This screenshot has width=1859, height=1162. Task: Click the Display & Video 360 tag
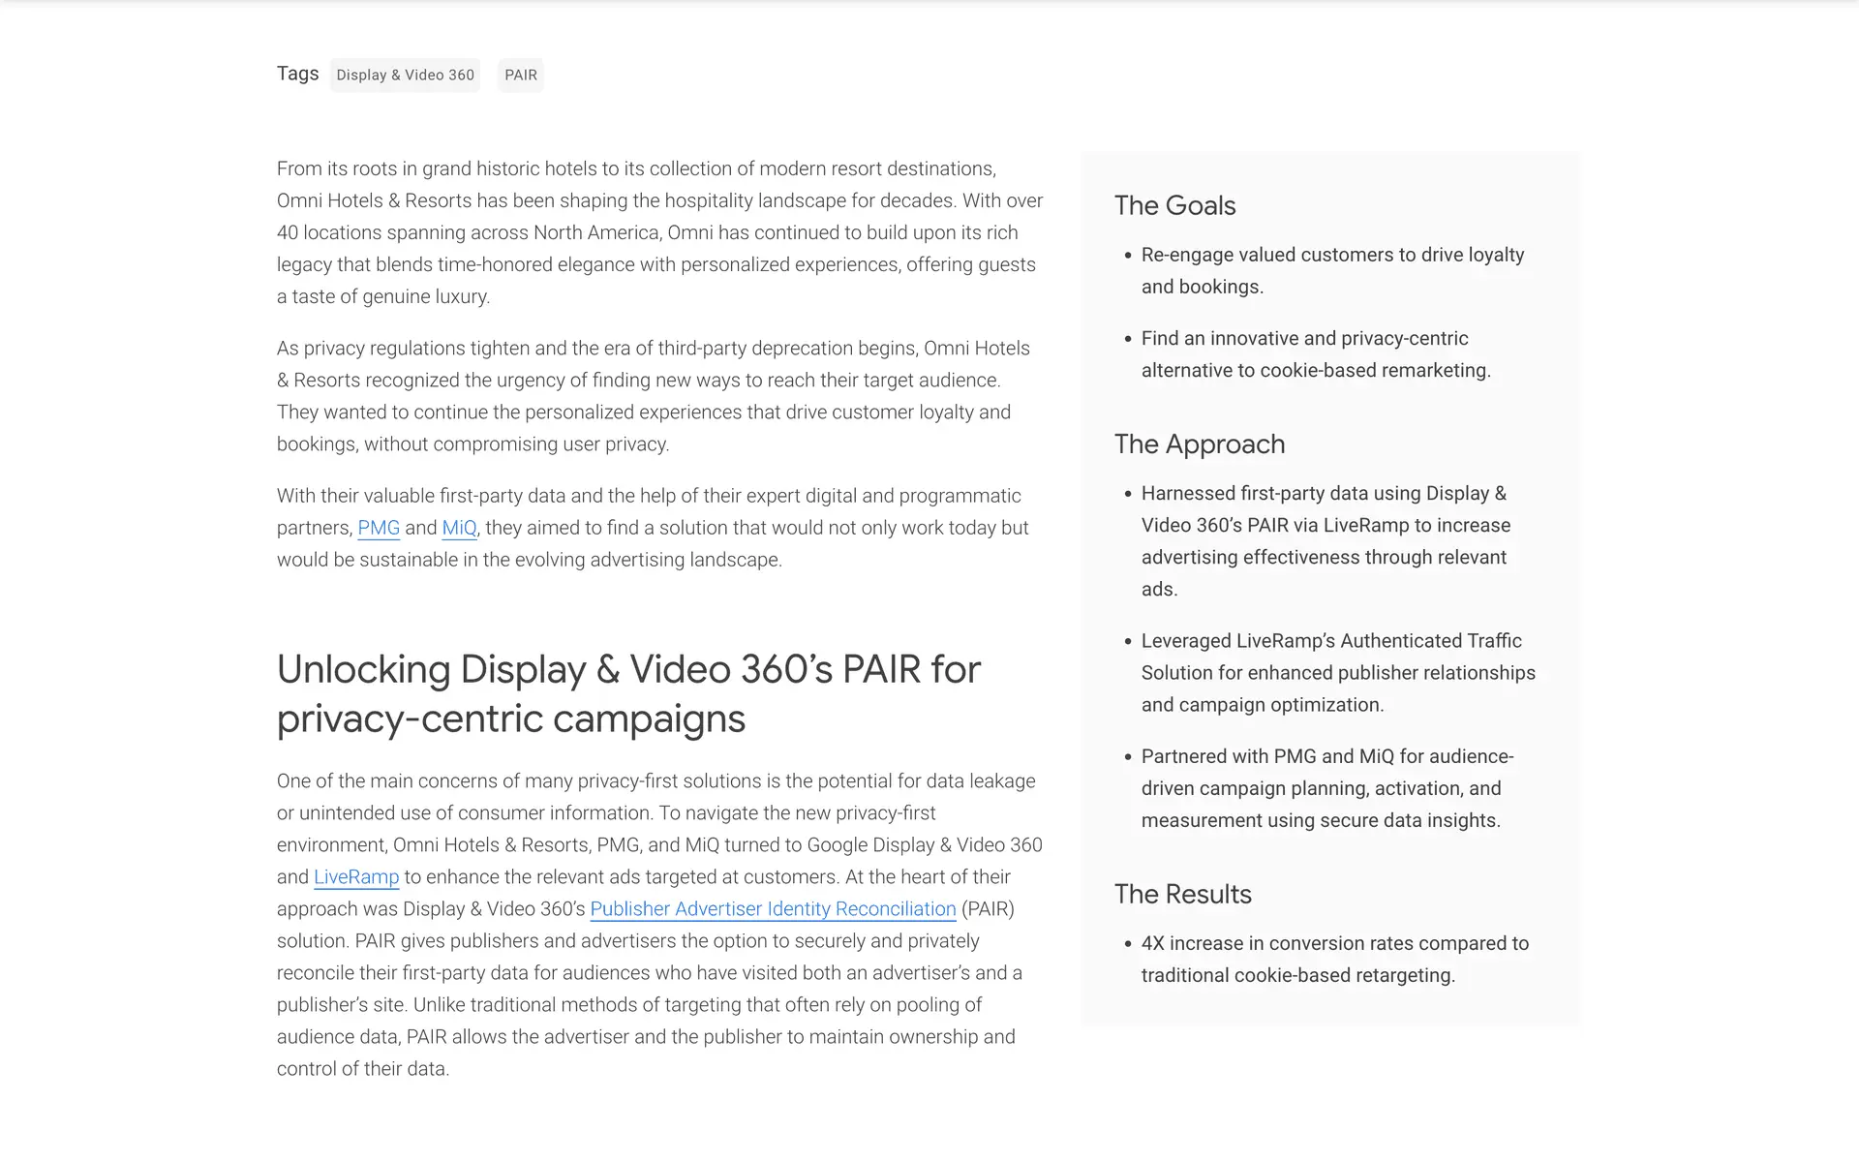point(405,75)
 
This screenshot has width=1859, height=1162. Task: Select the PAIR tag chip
point(521,75)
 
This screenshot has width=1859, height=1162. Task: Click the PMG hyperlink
point(379,528)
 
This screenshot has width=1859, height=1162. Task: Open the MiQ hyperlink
point(459,528)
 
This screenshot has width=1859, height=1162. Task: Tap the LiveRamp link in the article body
point(356,877)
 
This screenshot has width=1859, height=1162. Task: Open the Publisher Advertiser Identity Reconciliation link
point(773,909)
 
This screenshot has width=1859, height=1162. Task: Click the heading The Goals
point(1174,205)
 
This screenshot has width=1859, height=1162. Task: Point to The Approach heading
point(1200,443)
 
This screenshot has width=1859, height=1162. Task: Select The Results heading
point(1182,894)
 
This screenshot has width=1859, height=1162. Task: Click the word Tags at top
point(297,74)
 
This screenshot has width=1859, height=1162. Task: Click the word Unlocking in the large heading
point(363,669)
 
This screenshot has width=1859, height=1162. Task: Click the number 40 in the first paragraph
point(288,232)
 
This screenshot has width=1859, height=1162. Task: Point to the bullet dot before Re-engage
point(1128,256)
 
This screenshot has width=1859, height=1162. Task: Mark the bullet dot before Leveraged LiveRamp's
point(1128,641)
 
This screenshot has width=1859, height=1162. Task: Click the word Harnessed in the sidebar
point(1188,493)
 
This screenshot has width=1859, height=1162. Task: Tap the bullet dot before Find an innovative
point(1128,339)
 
